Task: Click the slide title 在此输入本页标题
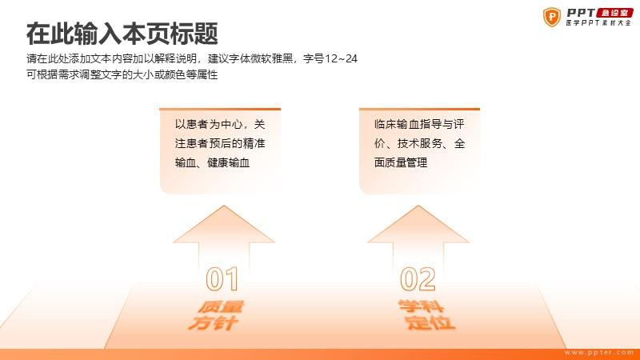click(122, 34)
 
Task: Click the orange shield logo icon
click(551, 17)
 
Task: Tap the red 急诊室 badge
click(614, 13)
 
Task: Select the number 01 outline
click(222, 279)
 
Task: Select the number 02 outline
click(418, 279)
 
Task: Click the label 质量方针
click(216, 315)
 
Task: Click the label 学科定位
click(426, 314)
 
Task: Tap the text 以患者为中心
click(209, 124)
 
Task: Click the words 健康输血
click(228, 162)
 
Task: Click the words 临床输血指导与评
click(419, 124)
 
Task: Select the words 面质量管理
click(401, 162)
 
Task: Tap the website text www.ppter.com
click(598, 352)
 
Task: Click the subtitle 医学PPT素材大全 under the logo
click(598, 23)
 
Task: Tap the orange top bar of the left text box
click(220, 109)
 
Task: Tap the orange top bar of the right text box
click(419, 109)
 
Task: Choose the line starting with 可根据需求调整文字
click(122, 74)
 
